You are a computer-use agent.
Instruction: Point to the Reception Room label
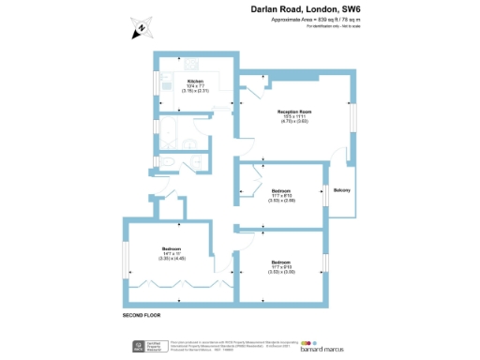coord(293,112)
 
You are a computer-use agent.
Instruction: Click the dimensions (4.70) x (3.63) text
coord(293,122)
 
